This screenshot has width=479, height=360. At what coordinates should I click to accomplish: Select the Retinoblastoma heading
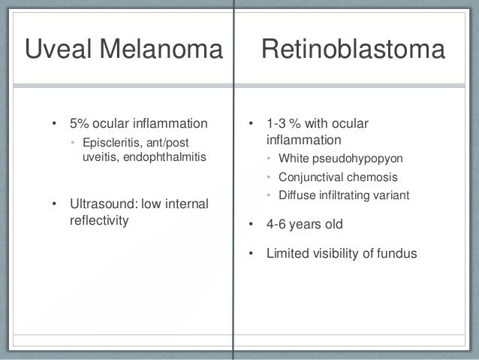pos(353,50)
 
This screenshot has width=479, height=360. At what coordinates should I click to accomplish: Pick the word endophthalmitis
pos(161,156)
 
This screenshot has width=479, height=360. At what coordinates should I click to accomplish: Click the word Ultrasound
pos(101,205)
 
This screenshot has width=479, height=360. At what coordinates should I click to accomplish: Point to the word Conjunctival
pos(312,178)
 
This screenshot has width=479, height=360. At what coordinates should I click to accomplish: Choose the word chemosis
pos(372,178)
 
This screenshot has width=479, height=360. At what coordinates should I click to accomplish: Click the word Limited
pos(288,253)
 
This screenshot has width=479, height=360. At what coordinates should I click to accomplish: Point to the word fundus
pos(396,253)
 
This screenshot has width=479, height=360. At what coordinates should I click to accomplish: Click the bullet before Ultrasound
pos(54,205)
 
